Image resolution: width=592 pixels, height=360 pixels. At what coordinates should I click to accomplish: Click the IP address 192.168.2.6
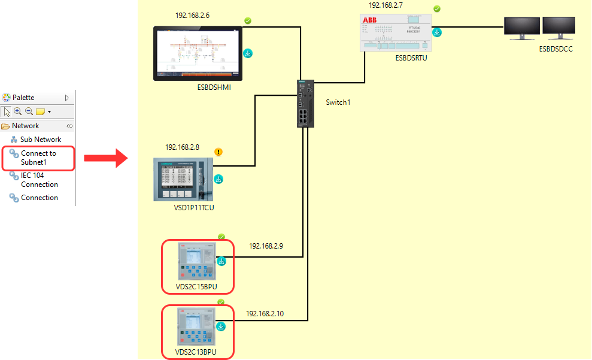pyautogui.click(x=192, y=15)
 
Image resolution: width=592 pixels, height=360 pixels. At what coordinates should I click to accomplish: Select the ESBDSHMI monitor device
pyautogui.click(x=197, y=53)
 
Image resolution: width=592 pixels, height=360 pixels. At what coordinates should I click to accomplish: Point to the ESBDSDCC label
pyautogui.click(x=555, y=49)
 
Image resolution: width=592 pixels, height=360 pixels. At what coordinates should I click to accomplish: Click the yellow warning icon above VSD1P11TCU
pyautogui.click(x=218, y=152)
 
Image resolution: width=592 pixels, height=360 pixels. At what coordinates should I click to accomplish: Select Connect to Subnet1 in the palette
pyautogui.click(x=38, y=158)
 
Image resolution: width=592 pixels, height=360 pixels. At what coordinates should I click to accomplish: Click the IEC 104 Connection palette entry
pyautogui.click(x=39, y=180)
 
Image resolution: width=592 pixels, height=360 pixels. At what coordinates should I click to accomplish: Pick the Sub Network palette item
pyautogui.click(x=40, y=140)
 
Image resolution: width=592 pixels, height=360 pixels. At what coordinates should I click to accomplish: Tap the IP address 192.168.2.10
pyautogui.click(x=265, y=313)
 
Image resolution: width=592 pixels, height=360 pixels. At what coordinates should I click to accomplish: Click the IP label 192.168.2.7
pyautogui.click(x=385, y=5)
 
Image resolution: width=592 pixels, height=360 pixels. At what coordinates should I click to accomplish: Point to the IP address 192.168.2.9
pyautogui.click(x=266, y=246)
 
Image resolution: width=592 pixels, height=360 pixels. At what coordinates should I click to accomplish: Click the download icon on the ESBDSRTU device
pyautogui.click(x=438, y=32)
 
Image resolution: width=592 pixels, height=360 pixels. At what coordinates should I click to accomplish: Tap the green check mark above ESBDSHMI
pyautogui.click(x=248, y=21)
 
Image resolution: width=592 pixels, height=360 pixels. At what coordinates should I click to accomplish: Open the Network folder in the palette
pyautogui.click(x=25, y=126)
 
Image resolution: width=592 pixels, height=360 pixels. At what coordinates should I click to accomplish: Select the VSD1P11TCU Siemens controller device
pyautogui.click(x=183, y=179)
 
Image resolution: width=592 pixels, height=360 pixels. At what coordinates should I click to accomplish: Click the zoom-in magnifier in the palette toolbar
pyautogui.click(x=18, y=111)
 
